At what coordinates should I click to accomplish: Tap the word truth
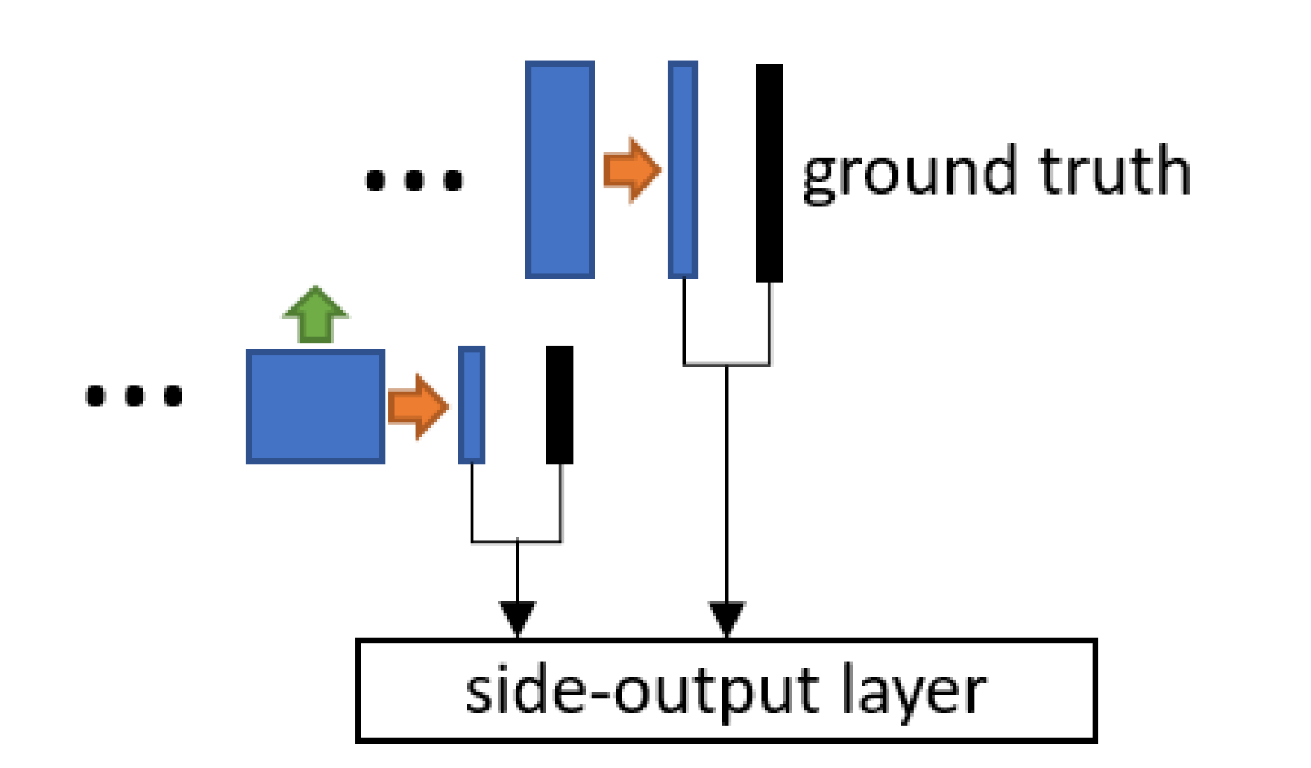point(1115,171)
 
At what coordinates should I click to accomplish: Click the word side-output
point(641,692)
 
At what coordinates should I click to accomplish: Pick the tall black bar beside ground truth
point(768,172)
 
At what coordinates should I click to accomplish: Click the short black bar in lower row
point(559,405)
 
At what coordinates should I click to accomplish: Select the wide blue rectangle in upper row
point(559,170)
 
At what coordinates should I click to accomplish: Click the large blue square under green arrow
point(315,406)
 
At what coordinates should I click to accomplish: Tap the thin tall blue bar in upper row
point(682,170)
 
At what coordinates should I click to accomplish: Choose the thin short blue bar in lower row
point(471,405)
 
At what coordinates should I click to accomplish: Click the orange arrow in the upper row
point(632,170)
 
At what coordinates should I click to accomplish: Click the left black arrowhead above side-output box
point(517,617)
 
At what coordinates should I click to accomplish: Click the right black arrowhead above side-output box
point(726,617)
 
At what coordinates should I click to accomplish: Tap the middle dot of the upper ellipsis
point(414,180)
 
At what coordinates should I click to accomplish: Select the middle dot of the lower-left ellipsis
point(134,396)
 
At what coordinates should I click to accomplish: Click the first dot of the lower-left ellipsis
point(95,396)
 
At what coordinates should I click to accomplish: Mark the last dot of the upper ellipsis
point(453,180)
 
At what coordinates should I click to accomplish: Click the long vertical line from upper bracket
point(726,482)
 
